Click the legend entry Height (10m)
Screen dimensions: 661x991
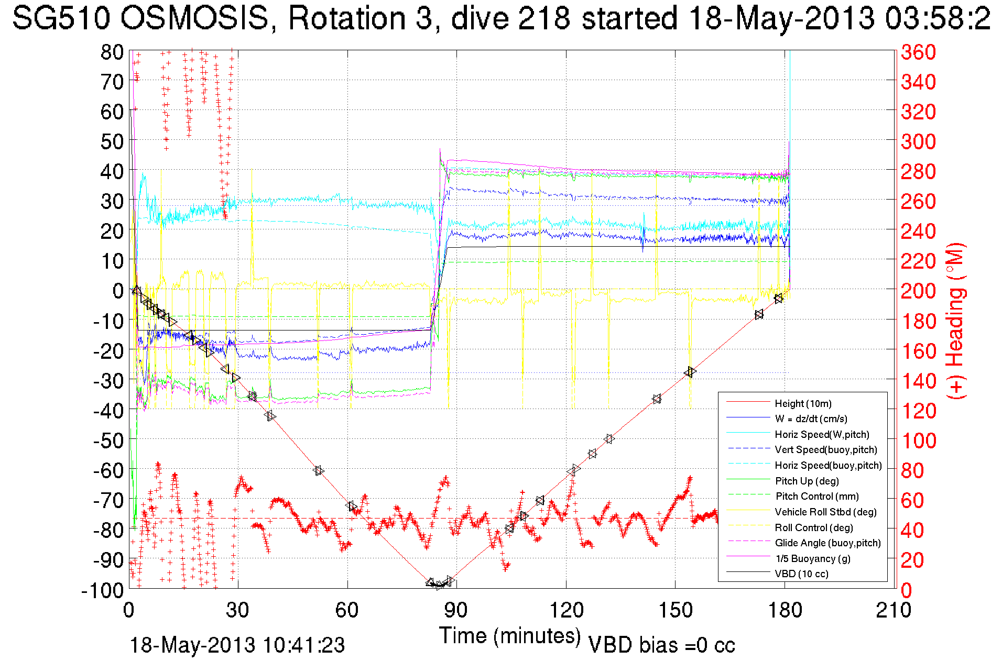pos(803,403)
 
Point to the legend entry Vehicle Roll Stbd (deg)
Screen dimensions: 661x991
pos(826,512)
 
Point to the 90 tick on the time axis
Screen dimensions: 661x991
pos(456,610)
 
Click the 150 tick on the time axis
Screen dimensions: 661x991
pos(675,610)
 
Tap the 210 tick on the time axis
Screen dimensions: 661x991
pos(894,610)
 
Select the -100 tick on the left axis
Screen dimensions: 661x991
pos(102,590)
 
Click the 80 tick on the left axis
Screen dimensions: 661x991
pos(112,52)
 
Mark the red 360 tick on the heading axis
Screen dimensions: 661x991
pos(918,52)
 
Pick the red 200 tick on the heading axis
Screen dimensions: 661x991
pos(918,291)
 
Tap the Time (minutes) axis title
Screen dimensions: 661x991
pos(510,636)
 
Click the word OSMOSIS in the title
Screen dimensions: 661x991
pos(194,18)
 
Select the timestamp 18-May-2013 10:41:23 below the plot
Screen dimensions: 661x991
pos(237,645)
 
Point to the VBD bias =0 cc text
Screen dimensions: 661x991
pos(661,645)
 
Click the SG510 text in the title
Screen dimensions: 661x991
pos(61,18)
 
